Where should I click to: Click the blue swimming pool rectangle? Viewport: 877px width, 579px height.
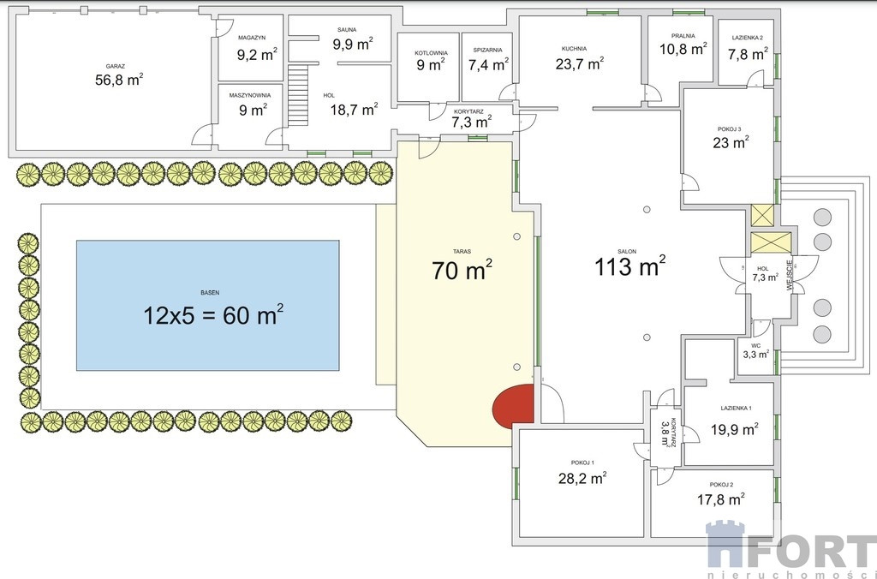coord(207,306)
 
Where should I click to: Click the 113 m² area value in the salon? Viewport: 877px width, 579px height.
coord(629,266)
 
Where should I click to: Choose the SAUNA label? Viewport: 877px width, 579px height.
coord(347,30)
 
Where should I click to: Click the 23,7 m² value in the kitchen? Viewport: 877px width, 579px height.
coord(580,63)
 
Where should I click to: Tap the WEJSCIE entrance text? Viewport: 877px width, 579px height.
coord(789,276)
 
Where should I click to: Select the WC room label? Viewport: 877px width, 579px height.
coord(755,346)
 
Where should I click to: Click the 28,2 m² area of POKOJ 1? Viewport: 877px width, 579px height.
coord(582,478)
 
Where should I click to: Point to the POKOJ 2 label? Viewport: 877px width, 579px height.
coord(721,485)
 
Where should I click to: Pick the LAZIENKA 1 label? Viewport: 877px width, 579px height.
coord(736,409)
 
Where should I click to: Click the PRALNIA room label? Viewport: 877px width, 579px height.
coord(683,36)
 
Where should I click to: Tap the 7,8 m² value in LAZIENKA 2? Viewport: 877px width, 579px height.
coord(748,54)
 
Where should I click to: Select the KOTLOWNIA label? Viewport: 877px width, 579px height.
coord(431,53)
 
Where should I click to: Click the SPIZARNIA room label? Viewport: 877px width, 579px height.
coord(487,50)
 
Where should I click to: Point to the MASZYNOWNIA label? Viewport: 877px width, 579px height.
coord(249,96)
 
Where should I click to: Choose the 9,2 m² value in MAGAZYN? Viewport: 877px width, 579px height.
coord(257,54)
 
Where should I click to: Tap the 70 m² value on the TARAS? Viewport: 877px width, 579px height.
coord(462,269)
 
